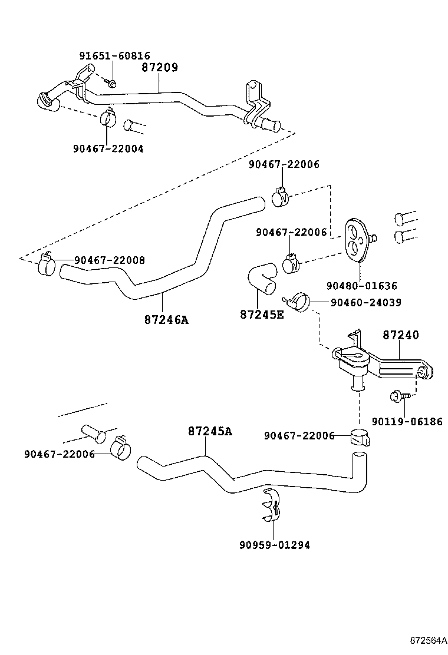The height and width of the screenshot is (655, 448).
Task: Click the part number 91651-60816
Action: click(x=114, y=57)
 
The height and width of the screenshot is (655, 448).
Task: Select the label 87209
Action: click(x=159, y=68)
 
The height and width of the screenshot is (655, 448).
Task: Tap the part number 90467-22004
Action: click(x=108, y=149)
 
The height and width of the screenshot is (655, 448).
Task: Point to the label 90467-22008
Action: click(x=110, y=260)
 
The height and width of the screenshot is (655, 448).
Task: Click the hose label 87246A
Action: click(x=166, y=320)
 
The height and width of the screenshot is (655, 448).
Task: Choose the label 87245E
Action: click(x=262, y=314)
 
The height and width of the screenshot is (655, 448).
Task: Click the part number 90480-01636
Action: click(x=361, y=286)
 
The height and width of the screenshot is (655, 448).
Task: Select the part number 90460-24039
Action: click(x=365, y=302)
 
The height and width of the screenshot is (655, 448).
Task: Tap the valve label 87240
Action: click(x=401, y=335)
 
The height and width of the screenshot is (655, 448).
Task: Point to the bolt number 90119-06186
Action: click(x=407, y=422)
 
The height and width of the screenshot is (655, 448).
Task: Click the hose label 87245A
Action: click(x=210, y=431)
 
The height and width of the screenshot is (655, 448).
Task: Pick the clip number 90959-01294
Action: click(x=274, y=545)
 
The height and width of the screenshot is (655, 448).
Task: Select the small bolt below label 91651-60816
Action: click(x=112, y=82)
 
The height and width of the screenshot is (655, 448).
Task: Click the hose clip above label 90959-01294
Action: click(x=272, y=505)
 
